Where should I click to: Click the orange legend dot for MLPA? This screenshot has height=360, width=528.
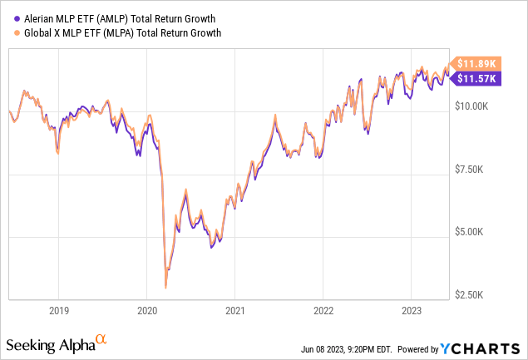tap(8, 32)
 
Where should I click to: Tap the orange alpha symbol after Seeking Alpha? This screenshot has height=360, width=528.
tap(101, 339)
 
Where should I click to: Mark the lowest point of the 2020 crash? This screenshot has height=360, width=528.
tap(165, 288)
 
